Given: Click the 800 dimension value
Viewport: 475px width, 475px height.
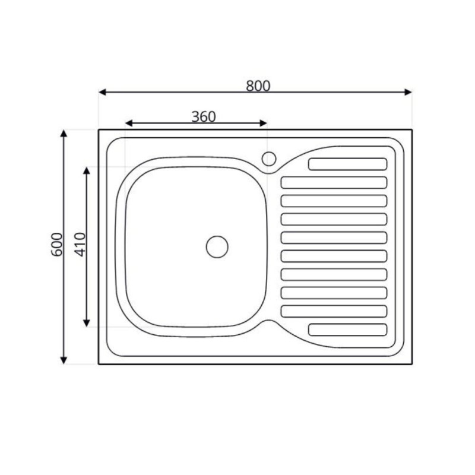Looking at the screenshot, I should coord(258,85).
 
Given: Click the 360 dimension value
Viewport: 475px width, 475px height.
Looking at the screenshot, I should coord(203,116).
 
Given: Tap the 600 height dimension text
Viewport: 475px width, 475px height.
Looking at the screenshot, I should coord(57,244).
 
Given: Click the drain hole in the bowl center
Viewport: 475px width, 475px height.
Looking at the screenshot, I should coord(217,246).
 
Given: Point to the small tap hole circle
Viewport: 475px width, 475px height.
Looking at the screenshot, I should coord(269,159).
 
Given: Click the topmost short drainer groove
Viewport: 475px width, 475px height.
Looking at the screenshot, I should coord(347,164).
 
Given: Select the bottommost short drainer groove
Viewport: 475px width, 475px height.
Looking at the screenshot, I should coord(347,330).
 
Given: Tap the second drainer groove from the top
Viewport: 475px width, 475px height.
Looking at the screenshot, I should coord(334,183).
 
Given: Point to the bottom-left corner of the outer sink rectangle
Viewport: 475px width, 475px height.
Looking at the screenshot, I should coord(99,364).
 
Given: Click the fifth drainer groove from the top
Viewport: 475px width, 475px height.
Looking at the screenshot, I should coord(334,237).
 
